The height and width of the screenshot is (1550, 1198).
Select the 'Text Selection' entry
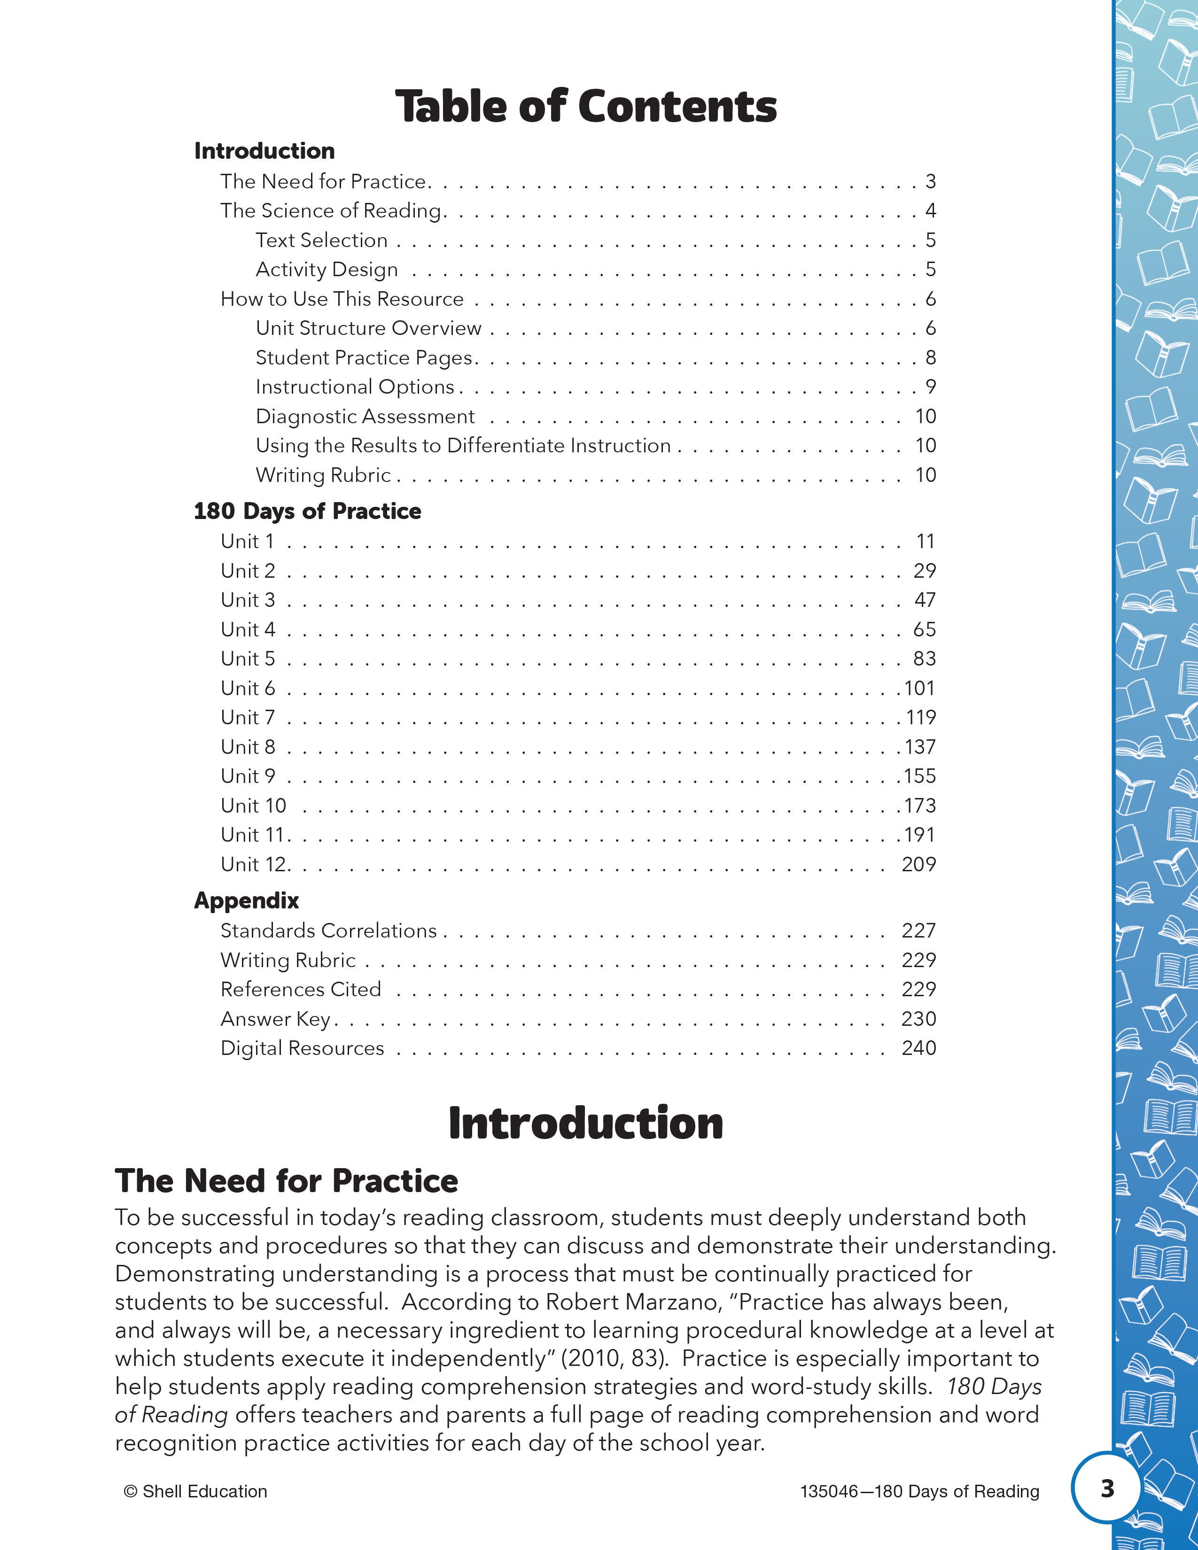tap(321, 240)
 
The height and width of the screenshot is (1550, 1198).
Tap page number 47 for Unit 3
tap(925, 600)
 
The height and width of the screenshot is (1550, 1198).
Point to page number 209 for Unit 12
tap(919, 864)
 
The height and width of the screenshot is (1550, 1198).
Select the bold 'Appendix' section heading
tap(246, 900)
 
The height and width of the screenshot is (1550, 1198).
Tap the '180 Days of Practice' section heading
tap(307, 511)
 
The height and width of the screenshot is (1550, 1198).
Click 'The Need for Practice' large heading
tap(287, 1181)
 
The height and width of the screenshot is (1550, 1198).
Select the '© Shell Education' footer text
tap(196, 1491)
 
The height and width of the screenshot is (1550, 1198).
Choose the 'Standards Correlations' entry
tap(328, 930)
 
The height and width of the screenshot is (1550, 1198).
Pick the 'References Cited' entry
tap(301, 989)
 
